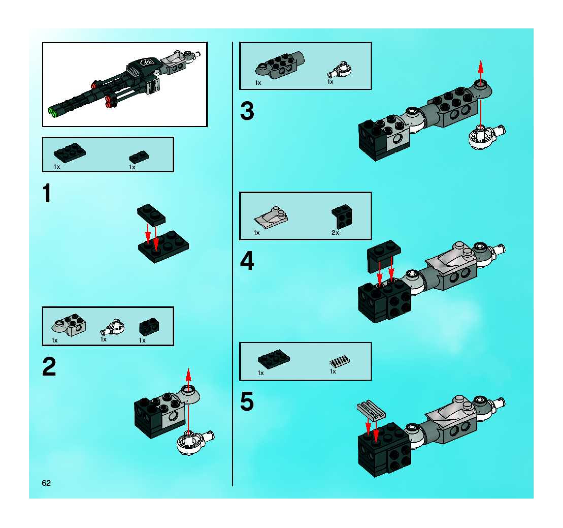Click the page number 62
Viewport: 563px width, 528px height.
[x=46, y=483]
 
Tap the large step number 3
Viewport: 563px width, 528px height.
[x=247, y=111]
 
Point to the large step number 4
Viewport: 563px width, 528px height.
[x=247, y=261]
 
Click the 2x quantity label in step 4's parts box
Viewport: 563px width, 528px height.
[x=335, y=233]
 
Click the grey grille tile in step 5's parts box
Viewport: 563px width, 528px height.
[x=340, y=361]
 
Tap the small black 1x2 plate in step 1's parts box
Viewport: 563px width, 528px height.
[x=139, y=157]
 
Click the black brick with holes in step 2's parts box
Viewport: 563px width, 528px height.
[x=149, y=327]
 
